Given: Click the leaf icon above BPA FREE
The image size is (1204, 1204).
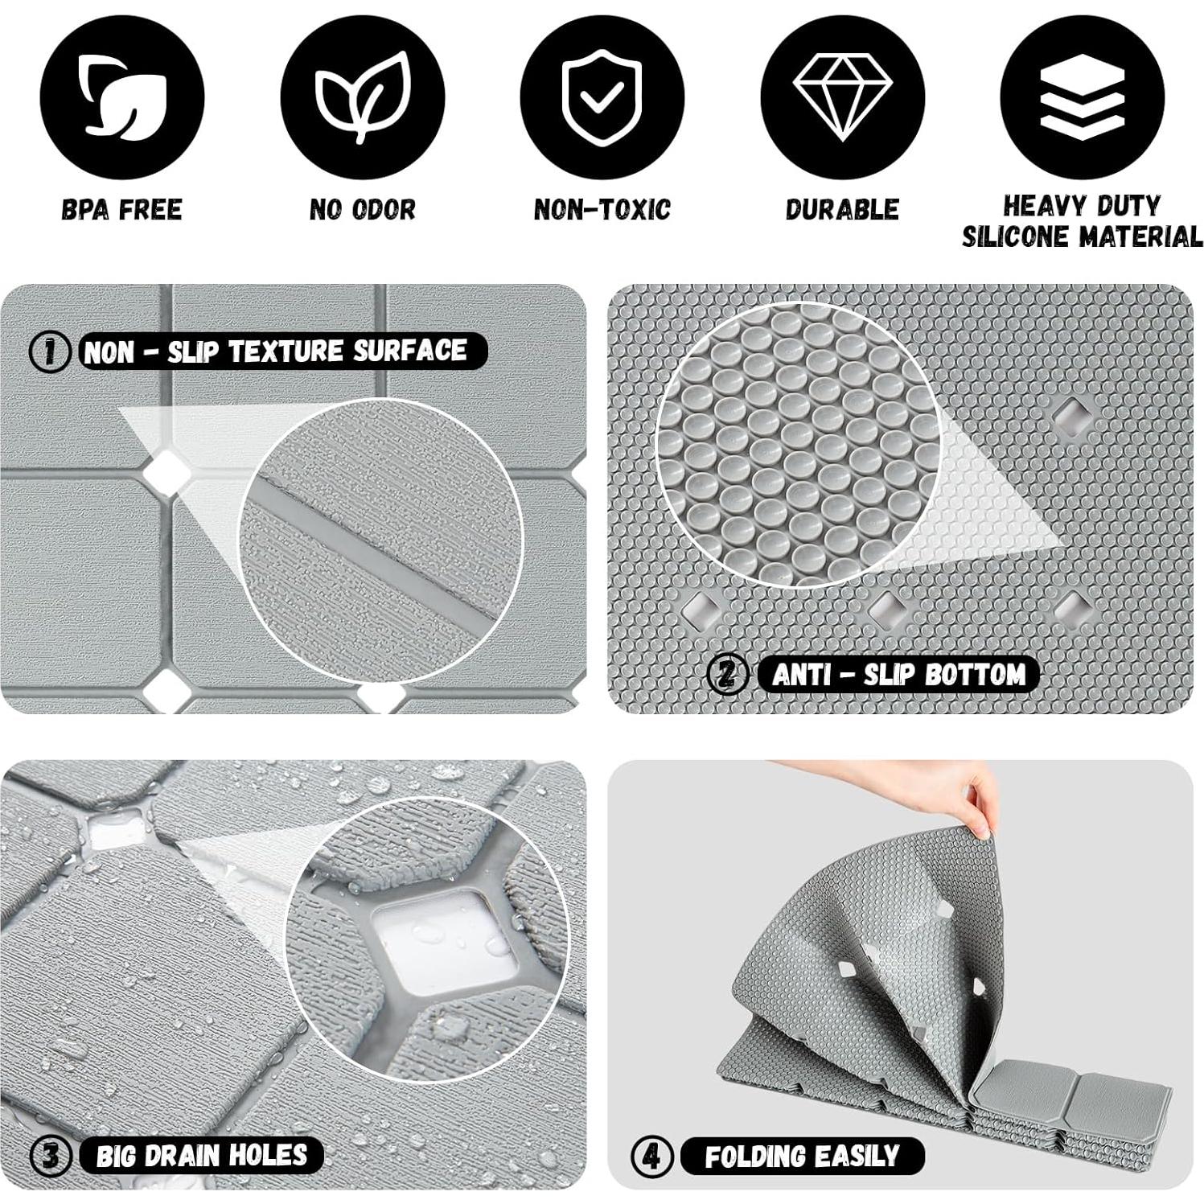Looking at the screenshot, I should pyautogui.click(x=122, y=97).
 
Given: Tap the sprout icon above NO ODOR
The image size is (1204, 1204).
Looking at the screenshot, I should pyautogui.click(x=362, y=97).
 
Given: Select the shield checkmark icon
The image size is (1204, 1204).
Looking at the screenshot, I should pyautogui.click(x=602, y=97).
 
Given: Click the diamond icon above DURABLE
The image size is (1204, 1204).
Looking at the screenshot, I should pyautogui.click(x=842, y=97).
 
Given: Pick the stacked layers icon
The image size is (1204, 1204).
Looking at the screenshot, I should pyautogui.click(x=1082, y=97).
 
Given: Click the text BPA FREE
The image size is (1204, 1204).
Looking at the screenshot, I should pyautogui.click(x=122, y=210).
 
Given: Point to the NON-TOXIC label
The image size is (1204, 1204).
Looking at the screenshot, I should pyautogui.click(x=602, y=210).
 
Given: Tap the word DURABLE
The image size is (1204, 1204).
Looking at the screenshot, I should pyautogui.click(x=842, y=209).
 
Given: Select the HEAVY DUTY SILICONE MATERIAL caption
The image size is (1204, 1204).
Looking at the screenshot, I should pyautogui.click(x=1082, y=221).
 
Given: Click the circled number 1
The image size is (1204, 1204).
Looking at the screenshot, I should pyautogui.click(x=49, y=351).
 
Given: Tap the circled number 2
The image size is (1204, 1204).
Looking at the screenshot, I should pyautogui.click(x=726, y=674).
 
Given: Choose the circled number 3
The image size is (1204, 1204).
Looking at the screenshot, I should pyautogui.click(x=51, y=1156).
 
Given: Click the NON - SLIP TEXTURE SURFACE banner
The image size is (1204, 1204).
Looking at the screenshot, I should pyautogui.click(x=275, y=351).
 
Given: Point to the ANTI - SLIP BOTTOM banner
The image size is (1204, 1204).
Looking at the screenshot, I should pyautogui.click(x=898, y=674).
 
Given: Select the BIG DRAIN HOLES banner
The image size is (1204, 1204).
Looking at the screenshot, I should pyautogui.click(x=201, y=1156).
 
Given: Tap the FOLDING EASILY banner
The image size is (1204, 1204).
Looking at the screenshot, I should pyautogui.click(x=802, y=1157).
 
